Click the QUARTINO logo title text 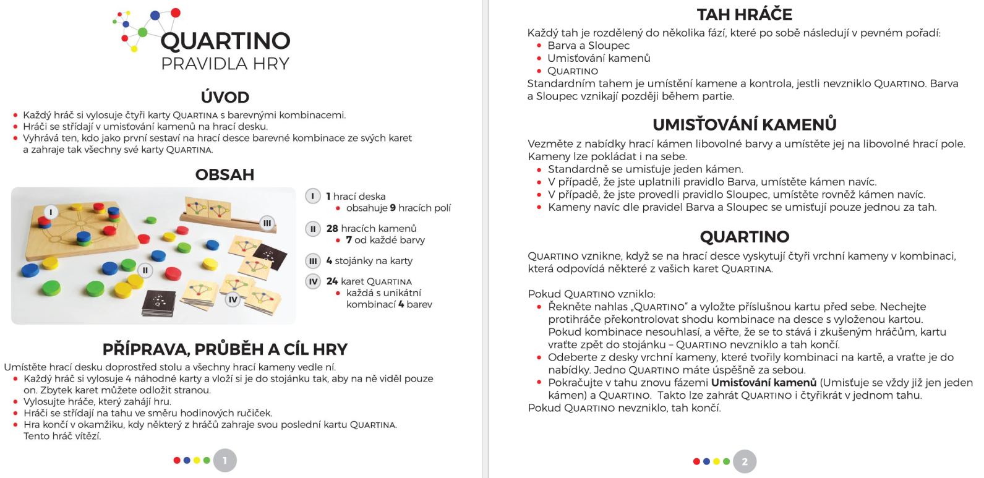(x=225, y=41)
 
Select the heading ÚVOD (x=225, y=97)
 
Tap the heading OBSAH (x=225, y=174)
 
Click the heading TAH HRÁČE (x=744, y=14)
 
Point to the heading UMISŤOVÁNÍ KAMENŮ (x=744, y=124)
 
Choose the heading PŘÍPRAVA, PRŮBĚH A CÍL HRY (x=225, y=349)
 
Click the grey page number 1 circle (x=225, y=460)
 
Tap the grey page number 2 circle (x=745, y=461)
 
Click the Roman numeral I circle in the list (x=313, y=196)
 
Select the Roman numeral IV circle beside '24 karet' (x=313, y=281)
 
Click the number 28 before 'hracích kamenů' (x=332, y=228)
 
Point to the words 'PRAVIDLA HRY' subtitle (x=225, y=64)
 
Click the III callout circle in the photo (x=267, y=223)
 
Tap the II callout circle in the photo (x=145, y=270)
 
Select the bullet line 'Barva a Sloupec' (x=588, y=46)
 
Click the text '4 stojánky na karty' (x=369, y=261)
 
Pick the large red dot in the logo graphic (x=176, y=12)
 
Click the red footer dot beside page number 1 (x=177, y=460)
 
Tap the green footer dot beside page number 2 (x=726, y=461)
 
